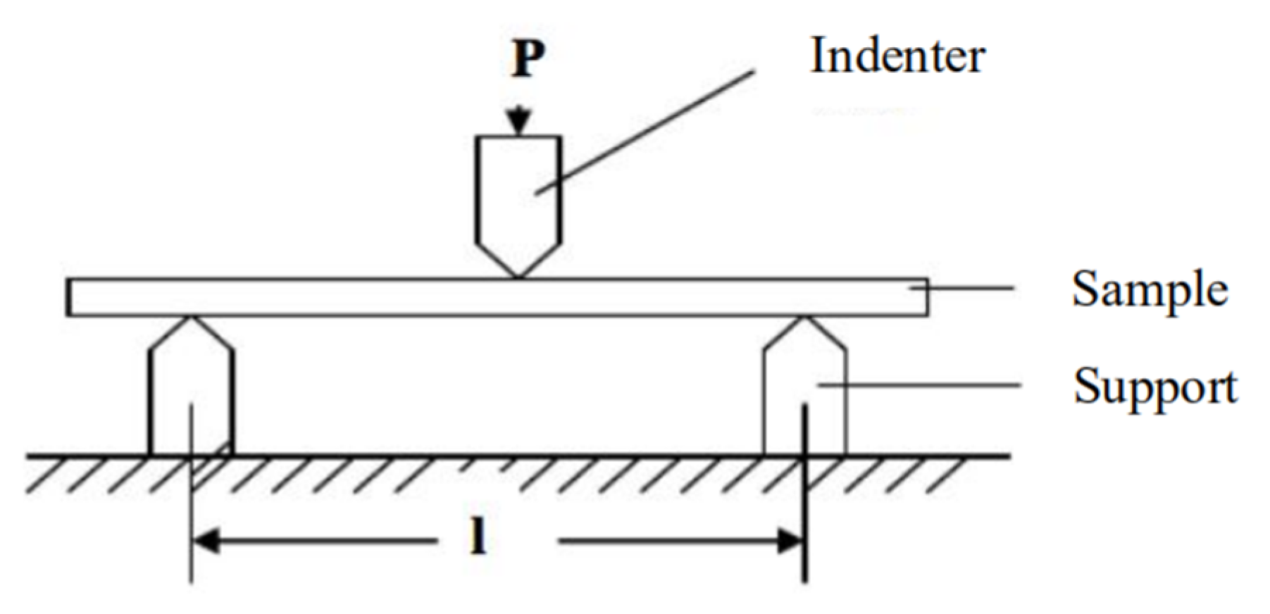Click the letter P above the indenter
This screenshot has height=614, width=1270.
pos(528,59)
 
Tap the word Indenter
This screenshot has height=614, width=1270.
pos(897,56)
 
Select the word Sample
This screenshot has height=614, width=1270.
pos(1150,289)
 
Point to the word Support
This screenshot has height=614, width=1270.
pos(1155,387)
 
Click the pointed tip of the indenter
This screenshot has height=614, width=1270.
pos(518,275)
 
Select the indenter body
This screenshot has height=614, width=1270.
pos(518,197)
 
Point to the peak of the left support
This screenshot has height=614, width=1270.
pos(191,319)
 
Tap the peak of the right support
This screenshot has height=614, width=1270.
pos(805,319)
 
